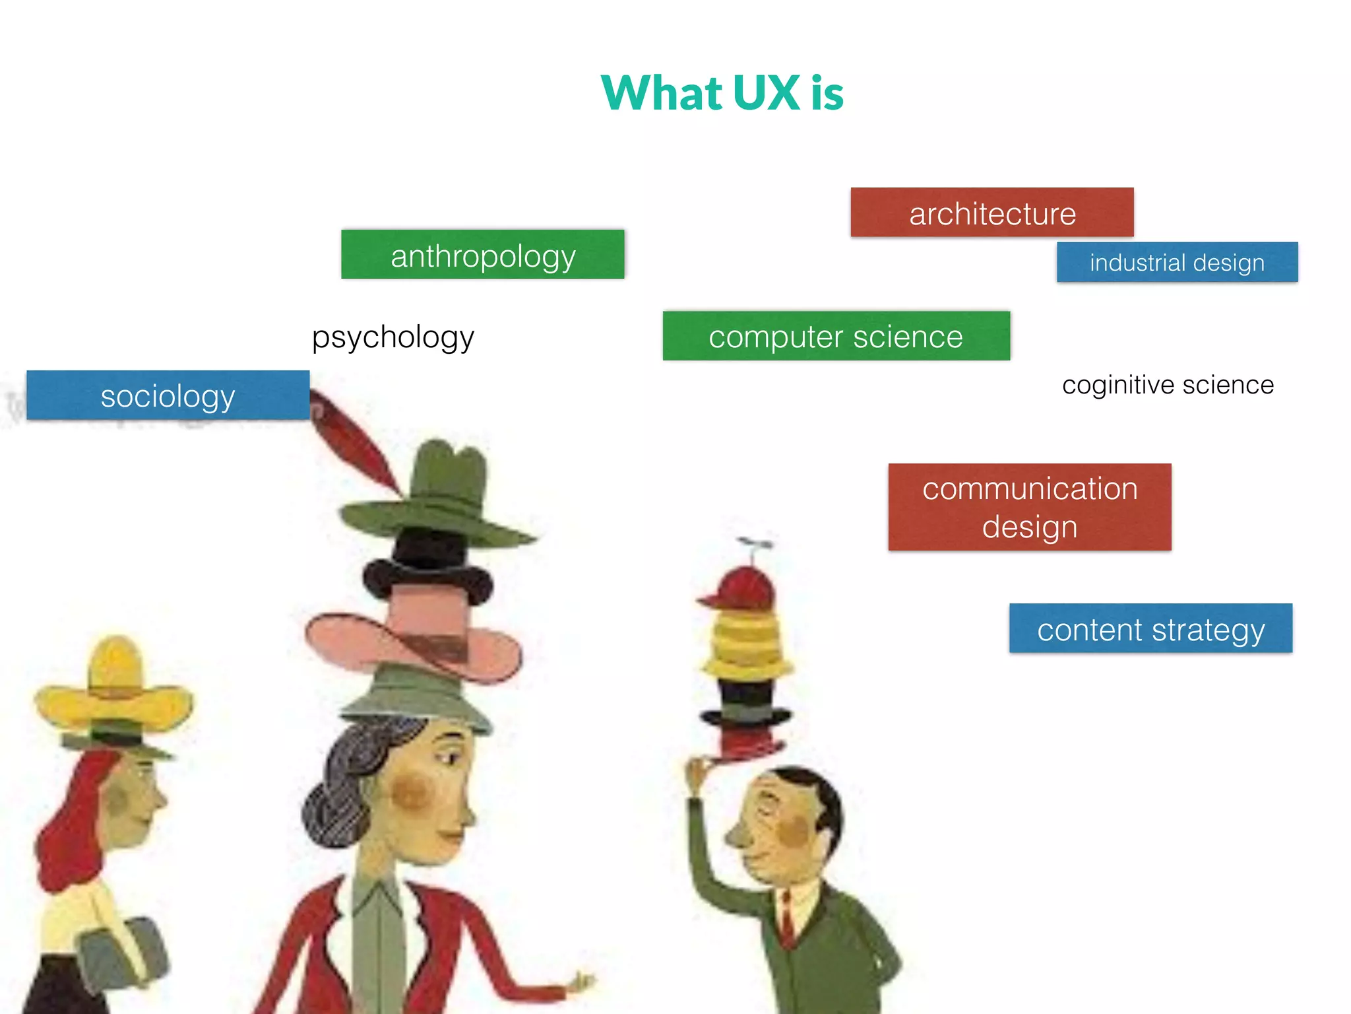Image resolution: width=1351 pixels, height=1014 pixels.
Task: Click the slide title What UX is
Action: (722, 92)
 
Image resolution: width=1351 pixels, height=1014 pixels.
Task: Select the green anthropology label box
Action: (482, 255)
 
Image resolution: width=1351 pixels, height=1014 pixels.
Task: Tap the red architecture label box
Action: (991, 213)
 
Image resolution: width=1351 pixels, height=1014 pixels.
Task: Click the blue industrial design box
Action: (1177, 262)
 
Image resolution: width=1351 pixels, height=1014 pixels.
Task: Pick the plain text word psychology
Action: (393, 337)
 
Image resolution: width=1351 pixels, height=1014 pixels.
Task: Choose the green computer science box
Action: (836, 336)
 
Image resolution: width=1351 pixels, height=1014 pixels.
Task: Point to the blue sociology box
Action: (168, 395)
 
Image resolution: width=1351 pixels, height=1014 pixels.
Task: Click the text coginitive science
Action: (1168, 385)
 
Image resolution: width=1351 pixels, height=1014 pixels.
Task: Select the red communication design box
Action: (1029, 507)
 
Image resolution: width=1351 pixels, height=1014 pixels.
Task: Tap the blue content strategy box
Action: (1150, 628)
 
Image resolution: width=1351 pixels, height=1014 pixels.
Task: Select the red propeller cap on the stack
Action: (742, 588)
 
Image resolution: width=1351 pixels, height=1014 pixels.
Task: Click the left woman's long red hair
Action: (66, 832)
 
